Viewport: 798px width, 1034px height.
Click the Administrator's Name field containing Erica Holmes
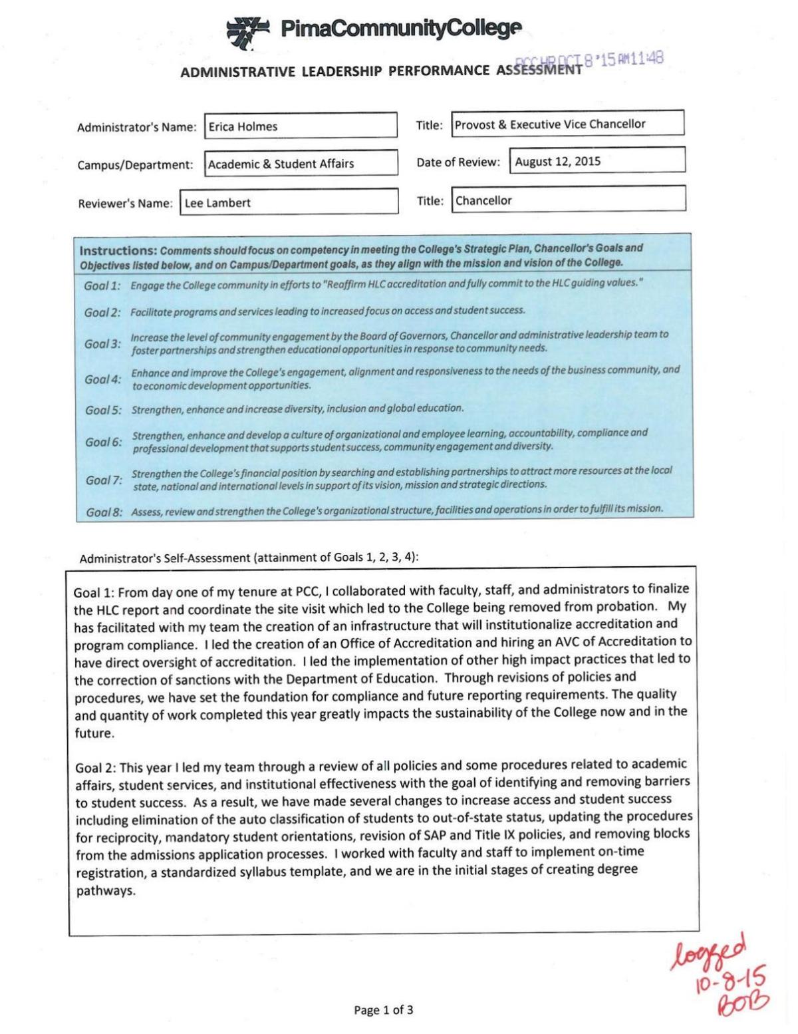tap(301, 126)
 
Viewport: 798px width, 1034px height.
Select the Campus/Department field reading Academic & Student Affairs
tap(301, 164)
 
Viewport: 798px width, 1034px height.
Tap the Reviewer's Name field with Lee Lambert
tap(289, 203)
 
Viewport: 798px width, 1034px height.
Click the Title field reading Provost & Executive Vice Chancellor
tap(567, 124)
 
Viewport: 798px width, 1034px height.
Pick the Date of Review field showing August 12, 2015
tap(597, 161)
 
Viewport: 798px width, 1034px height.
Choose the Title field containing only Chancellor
tap(569, 200)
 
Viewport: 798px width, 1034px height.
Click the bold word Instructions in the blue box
tap(118, 251)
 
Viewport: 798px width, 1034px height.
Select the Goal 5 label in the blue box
tap(104, 410)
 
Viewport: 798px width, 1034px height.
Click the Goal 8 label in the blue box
tap(105, 512)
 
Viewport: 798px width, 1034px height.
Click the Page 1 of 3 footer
tap(384, 1010)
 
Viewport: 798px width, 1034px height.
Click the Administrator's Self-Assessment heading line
tap(249, 558)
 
